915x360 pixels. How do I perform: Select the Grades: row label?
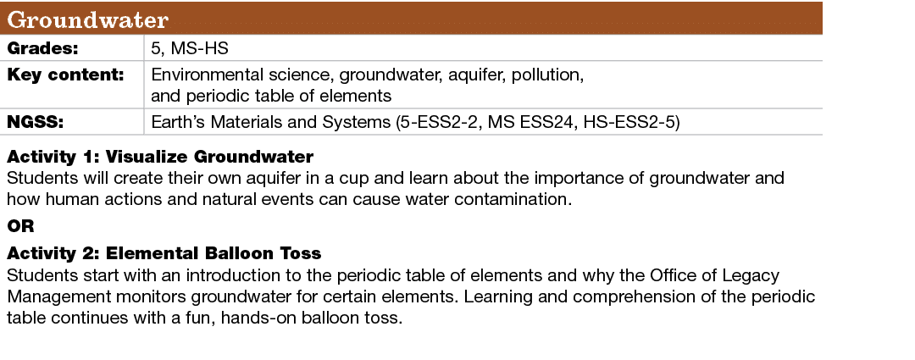(x=43, y=48)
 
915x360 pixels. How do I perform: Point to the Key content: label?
(x=66, y=75)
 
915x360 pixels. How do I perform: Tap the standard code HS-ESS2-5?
(x=635, y=123)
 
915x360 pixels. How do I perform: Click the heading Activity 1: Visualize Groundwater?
(x=160, y=158)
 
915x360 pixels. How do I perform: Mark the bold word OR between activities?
(x=20, y=226)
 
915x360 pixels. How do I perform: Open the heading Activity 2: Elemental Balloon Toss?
(x=164, y=254)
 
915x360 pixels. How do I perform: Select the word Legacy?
(x=753, y=276)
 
